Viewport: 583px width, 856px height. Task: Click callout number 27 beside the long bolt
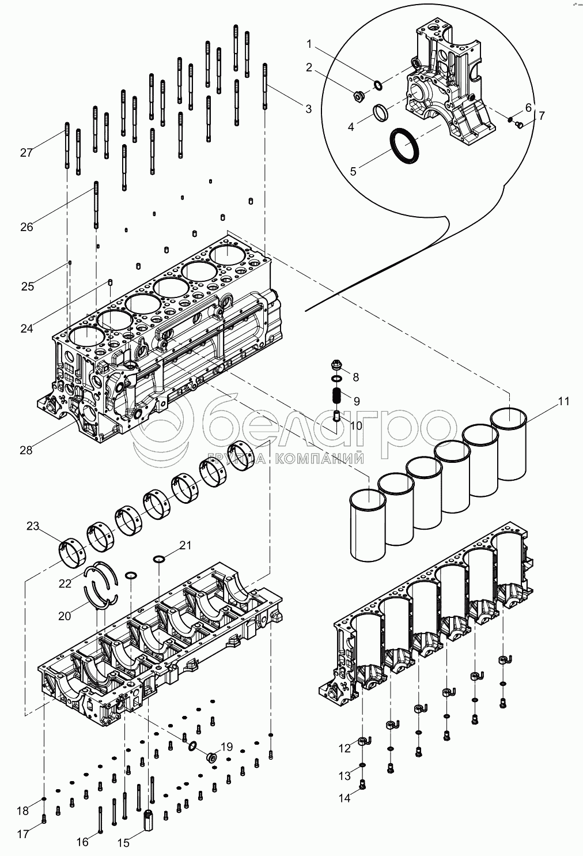tap(26, 153)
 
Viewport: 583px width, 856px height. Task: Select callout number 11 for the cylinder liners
tap(563, 401)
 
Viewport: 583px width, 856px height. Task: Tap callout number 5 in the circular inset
tap(353, 171)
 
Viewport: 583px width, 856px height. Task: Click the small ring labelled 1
tap(377, 85)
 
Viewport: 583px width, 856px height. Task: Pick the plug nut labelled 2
tap(359, 97)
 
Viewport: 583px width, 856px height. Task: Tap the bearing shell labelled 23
tap(73, 552)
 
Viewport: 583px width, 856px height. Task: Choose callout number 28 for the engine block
tap(26, 450)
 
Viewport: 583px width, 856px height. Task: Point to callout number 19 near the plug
tap(226, 746)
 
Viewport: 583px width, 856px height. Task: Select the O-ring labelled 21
tap(159, 559)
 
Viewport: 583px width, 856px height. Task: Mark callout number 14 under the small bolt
tap(344, 798)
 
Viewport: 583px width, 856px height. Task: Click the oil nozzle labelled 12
tap(365, 742)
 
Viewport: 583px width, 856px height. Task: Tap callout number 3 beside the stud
tap(308, 109)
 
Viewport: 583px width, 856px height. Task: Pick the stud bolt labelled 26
tap(96, 205)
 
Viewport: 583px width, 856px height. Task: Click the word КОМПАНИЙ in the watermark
tap(319, 458)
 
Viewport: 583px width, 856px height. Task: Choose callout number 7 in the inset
tap(542, 115)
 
